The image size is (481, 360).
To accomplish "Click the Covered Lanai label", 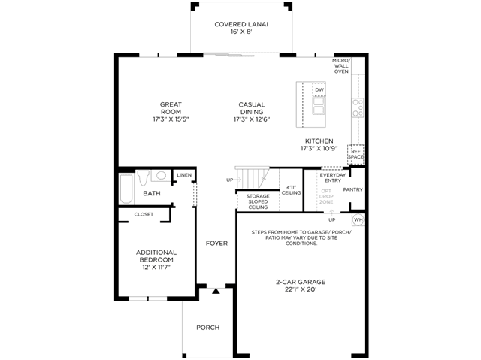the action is (241, 24).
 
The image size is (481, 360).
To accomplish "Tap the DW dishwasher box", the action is (319, 89).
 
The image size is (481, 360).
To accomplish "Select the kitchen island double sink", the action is (319, 106).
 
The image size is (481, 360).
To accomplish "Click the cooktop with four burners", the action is (358, 107).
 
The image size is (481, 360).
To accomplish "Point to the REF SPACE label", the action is (355, 154).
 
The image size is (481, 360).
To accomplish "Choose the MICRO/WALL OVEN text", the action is (341, 66).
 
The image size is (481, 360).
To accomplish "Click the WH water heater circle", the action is (358, 219).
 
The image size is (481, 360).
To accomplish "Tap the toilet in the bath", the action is (143, 178).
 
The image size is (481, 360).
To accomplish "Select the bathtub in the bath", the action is (126, 189).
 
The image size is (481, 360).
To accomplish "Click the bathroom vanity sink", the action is (161, 176).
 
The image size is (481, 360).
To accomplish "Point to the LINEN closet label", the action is (184, 175).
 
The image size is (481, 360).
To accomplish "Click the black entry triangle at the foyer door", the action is (216, 291).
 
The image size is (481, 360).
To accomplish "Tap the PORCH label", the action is (207, 328).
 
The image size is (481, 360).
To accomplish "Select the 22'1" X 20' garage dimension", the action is (301, 289).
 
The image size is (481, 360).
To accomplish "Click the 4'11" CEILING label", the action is (291, 190).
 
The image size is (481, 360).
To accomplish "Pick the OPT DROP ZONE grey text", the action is (326, 197).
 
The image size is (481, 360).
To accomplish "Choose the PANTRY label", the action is (352, 190).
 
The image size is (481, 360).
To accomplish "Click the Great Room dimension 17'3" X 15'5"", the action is (171, 119).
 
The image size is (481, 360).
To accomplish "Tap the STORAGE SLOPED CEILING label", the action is (258, 201).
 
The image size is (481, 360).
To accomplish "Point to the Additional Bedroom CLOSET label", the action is (144, 214).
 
